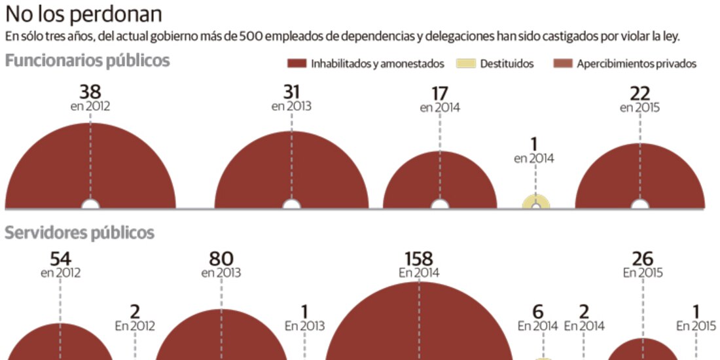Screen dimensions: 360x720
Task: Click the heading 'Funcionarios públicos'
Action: pyautogui.click(x=88, y=61)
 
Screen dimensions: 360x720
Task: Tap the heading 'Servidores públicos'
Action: pyautogui.click(x=80, y=232)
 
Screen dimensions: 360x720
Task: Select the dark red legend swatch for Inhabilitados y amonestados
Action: pyautogui.click(x=297, y=63)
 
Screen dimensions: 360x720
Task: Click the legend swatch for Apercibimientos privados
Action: pyautogui.click(x=562, y=63)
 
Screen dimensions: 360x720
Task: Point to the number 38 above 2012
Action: pyautogui.click(x=90, y=92)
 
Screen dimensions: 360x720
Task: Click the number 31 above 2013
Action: pyautogui.click(x=291, y=92)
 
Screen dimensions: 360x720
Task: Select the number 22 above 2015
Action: pyautogui.click(x=640, y=93)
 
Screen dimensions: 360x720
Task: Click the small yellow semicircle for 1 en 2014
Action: pyautogui.click(x=536, y=202)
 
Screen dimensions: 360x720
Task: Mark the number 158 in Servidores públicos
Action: pyautogui.click(x=419, y=259)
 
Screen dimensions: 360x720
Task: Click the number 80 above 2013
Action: pyautogui.click(x=221, y=259)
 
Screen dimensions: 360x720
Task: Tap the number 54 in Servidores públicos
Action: pyautogui.click(x=60, y=259)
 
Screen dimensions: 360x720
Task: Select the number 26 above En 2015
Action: pyautogui.click(x=643, y=259)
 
